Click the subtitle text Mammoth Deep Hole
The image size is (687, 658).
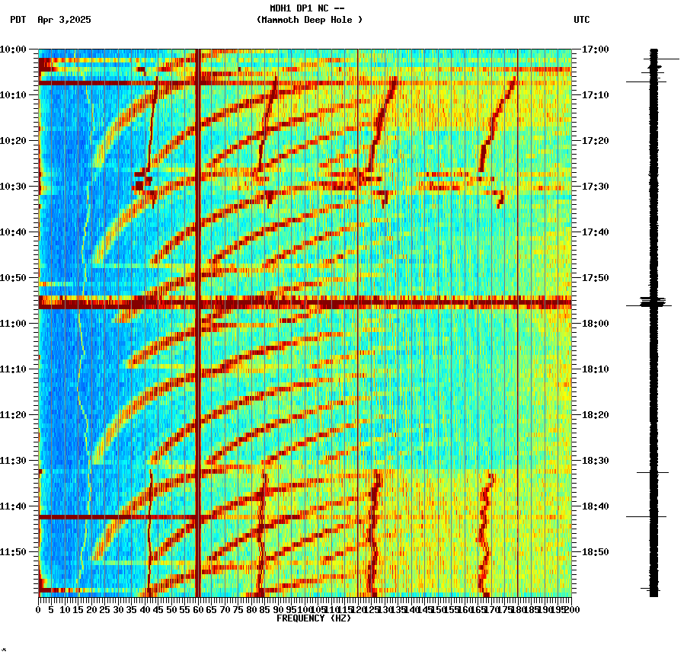click(309, 20)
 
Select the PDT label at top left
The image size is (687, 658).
click(18, 20)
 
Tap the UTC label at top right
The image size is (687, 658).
click(581, 20)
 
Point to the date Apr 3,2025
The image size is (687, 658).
click(64, 20)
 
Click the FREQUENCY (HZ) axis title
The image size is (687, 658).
click(314, 618)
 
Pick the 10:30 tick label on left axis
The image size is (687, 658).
click(13, 187)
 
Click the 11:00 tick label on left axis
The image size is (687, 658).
click(13, 324)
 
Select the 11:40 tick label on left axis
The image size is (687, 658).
click(13, 506)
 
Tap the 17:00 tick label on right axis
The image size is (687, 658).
click(595, 50)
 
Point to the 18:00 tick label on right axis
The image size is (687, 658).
click(595, 324)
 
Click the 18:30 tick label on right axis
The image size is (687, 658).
click(595, 461)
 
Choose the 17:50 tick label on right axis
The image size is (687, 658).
click(595, 278)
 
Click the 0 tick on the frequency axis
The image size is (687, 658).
click(39, 609)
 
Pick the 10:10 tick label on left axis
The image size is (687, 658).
click(13, 95)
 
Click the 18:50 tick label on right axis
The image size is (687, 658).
click(595, 552)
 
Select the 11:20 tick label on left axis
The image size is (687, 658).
click(13, 415)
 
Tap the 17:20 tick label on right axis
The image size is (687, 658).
click(595, 141)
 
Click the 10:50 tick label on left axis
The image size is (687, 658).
click(13, 278)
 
